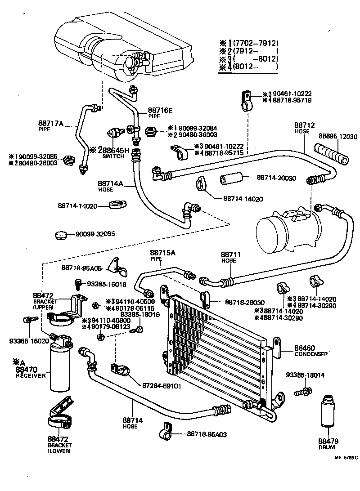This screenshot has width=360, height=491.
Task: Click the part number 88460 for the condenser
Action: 305,348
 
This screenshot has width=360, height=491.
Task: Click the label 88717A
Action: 52,123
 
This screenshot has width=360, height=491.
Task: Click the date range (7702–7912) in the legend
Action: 254,43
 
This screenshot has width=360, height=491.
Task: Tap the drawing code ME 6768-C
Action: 346,458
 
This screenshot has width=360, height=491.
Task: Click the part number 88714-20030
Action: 276,179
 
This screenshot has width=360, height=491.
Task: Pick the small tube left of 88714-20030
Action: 231,179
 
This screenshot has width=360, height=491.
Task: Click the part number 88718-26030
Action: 245,303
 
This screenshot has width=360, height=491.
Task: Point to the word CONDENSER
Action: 311,354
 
